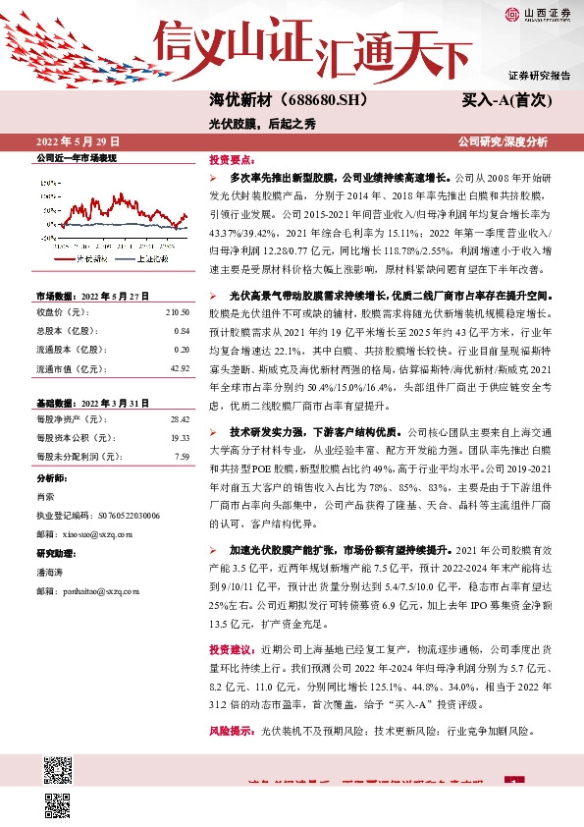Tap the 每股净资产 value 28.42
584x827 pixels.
tap(180, 419)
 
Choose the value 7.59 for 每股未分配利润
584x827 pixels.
tap(182, 456)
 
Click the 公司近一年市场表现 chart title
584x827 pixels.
tap(77, 157)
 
